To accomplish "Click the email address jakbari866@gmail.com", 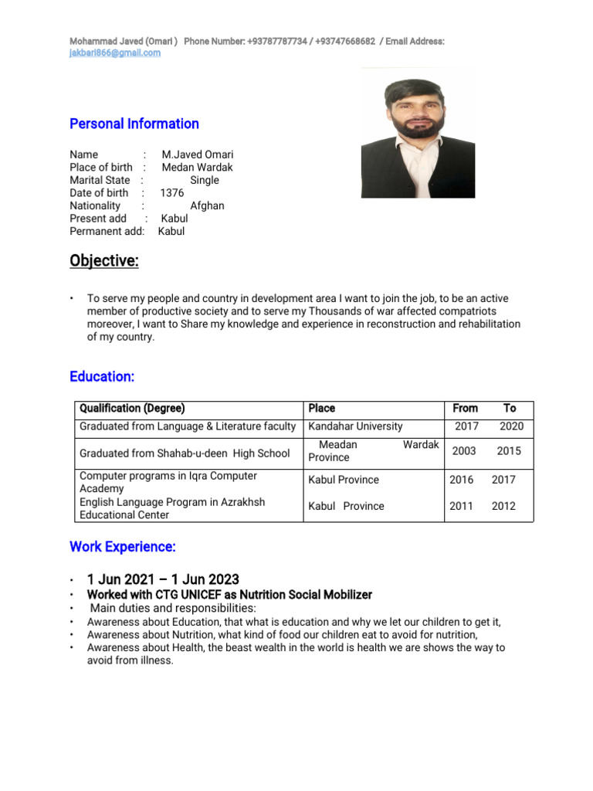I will pos(115,53).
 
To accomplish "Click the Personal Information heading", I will pos(134,124).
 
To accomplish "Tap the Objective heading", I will pos(104,261).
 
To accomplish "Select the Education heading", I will pos(102,377).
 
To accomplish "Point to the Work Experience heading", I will pos(123,547).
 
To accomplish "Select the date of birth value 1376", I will pos(172,193).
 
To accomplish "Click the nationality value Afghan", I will pos(207,206).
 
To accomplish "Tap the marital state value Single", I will pos(205,180).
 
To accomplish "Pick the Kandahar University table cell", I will pos(355,426).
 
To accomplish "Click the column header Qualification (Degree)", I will pos(133,408).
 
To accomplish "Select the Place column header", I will pos(322,408).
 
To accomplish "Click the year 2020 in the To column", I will pos(511,426).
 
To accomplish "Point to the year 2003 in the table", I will pos(464,451).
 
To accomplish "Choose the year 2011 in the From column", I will pos(462,507).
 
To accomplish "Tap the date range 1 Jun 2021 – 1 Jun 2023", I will pos(163,579).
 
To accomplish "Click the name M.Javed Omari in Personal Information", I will pos(198,154).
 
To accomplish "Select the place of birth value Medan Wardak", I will pos(197,167).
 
